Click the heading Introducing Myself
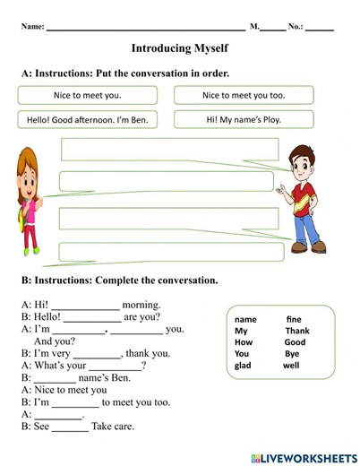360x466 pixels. [179, 48]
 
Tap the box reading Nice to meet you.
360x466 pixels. [87, 95]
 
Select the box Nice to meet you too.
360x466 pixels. [244, 95]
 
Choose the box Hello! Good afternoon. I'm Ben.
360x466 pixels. [87, 119]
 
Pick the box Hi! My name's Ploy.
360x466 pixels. [244, 119]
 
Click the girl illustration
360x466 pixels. [30, 201]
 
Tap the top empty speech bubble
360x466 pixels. [169, 150]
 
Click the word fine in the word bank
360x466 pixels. [295, 319]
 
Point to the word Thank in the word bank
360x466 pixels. [296, 331]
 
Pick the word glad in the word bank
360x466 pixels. [243, 366]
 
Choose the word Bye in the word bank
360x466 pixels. [292, 354]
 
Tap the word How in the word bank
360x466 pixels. [244, 342]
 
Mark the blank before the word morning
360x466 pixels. [85, 306]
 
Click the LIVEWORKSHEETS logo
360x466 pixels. [304, 457]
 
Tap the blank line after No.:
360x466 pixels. [320, 28]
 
